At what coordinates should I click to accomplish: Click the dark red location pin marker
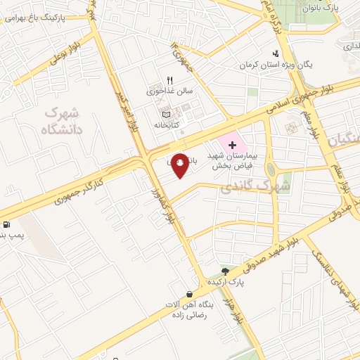(180, 165)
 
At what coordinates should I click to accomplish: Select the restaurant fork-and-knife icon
(169, 81)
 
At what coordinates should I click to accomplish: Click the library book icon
(166, 115)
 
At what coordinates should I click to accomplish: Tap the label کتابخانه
(167, 124)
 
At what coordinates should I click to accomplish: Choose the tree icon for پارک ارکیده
(225, 271)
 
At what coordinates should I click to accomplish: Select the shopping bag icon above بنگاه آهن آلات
(188, 294)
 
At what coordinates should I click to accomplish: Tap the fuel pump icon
(6, 225)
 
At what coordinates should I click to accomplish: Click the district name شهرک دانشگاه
(62, 121)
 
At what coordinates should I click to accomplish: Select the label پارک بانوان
(324, 8)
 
